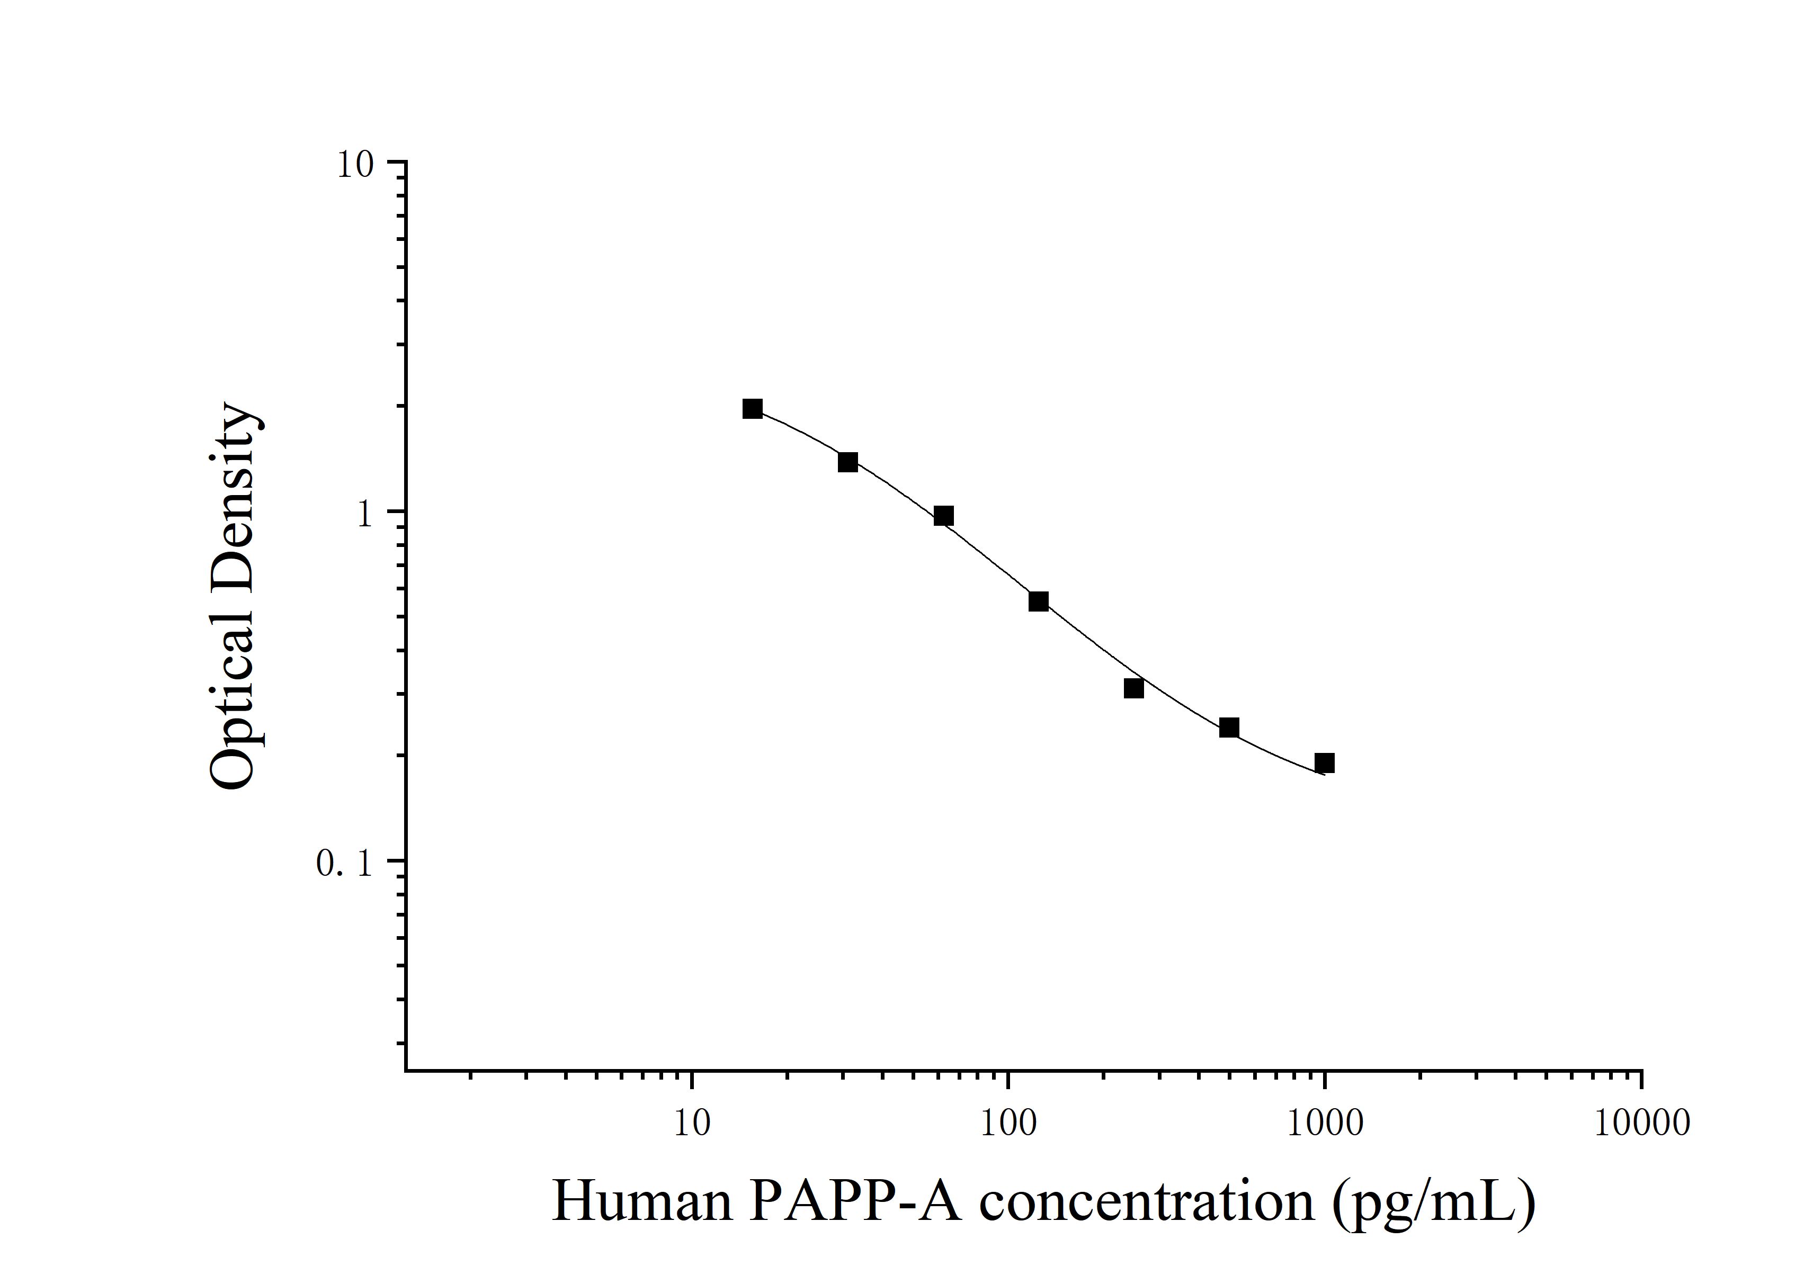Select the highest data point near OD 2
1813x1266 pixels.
pos(753,408)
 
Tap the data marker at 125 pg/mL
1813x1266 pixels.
pos(1038,601)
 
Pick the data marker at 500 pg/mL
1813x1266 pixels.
pos(1229,727)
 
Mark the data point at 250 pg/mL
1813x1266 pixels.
pos(1134,688)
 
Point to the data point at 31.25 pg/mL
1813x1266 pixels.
pos(848,462)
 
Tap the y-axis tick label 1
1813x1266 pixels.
pos(364,515)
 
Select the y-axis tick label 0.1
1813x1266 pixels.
pos(344,864)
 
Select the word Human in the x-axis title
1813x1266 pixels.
pos(641,1201)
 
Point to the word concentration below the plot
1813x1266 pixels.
pos(1147,1201)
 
